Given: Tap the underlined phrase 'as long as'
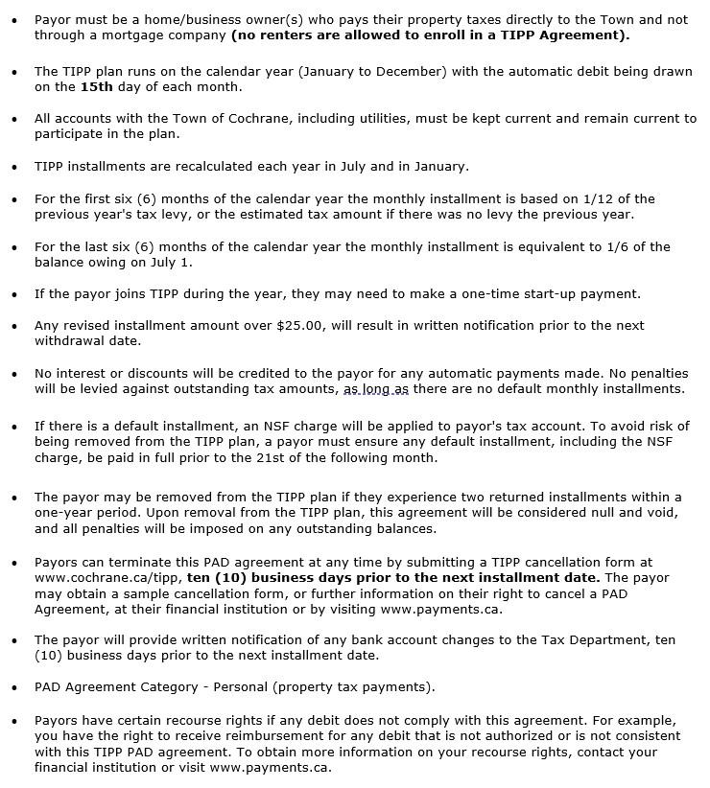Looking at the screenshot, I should pyautogui.click(x=376, y=389).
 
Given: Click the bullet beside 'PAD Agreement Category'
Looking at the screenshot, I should pyautogui.click(x=13, y=687).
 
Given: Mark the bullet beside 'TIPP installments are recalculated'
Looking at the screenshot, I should pyautogui.click(x=13, y=167).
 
